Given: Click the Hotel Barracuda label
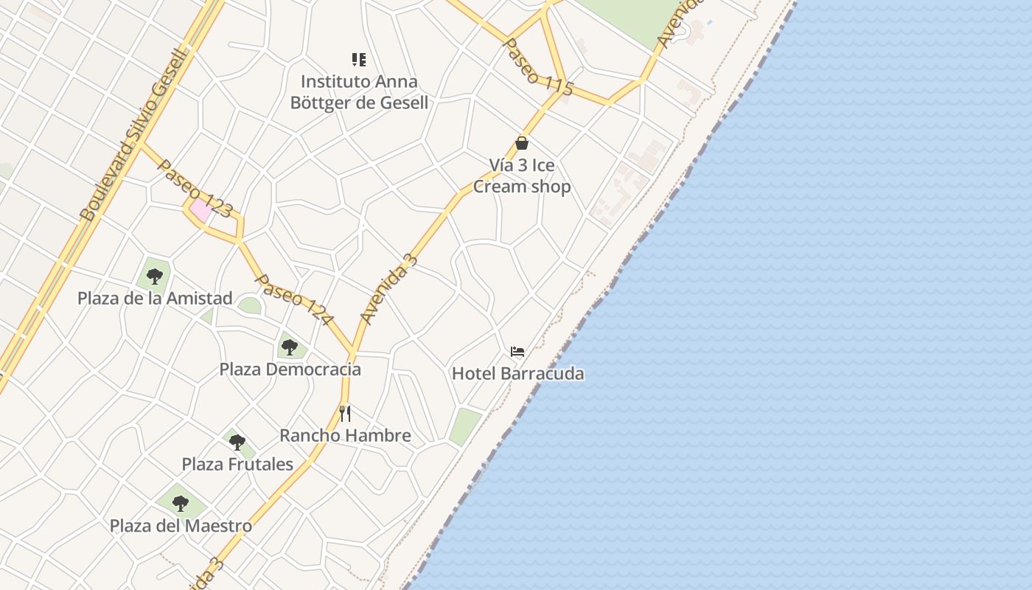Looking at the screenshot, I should coord(517,373).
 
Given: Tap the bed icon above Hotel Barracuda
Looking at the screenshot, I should coord(517,352).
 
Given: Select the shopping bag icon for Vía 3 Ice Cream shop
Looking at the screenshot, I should coord(522,143).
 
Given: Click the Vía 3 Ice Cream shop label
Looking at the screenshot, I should coord(521,176).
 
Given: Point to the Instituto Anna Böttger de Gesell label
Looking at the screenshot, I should coord(359,92).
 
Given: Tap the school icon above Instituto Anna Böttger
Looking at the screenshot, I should coord(359,60).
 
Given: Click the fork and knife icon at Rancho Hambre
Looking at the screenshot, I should coord(345,413).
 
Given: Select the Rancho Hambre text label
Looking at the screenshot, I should coord(345,435).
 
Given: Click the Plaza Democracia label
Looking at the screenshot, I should coord(290,369).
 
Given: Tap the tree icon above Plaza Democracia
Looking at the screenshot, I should coord(290,347).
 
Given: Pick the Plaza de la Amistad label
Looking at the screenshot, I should coord(155,299).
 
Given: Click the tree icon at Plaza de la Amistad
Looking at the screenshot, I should coord(155,277).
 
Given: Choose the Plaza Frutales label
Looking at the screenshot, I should coord(237,464).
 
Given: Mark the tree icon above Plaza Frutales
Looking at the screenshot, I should coord(237,442).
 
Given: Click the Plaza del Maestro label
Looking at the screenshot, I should coord(181,526).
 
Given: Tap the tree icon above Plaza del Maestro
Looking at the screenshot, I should coord(181,504).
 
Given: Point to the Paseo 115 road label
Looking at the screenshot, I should coord(537,67).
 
